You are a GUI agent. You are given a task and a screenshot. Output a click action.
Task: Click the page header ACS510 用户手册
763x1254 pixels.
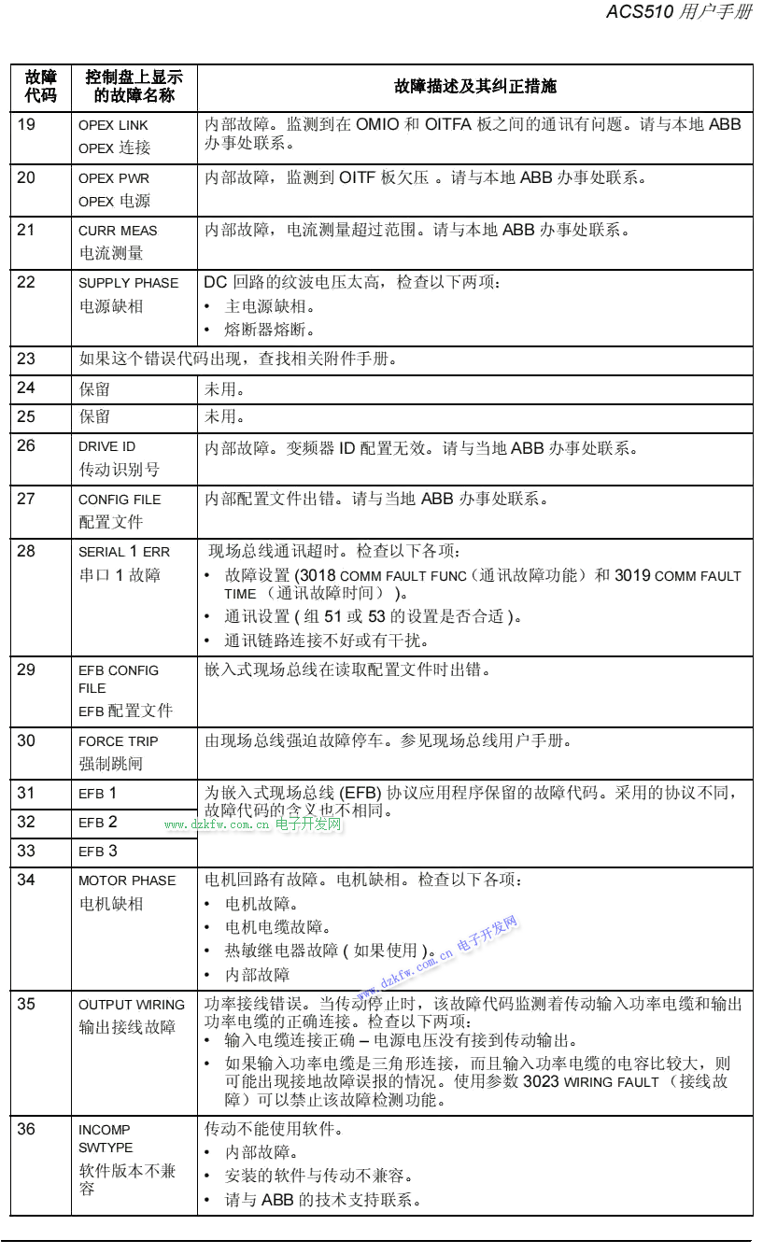coord(678,12)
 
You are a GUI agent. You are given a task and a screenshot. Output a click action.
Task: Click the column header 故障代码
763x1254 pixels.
coord(40,87)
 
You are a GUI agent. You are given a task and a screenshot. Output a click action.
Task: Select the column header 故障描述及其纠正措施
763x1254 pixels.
coord(474,87)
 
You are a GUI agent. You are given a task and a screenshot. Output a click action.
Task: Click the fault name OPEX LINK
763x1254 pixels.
coord(113,125)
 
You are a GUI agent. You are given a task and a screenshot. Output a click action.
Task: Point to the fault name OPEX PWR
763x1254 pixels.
coord(113,178)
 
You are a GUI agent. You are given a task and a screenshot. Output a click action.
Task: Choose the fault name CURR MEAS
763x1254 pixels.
coord(118,231)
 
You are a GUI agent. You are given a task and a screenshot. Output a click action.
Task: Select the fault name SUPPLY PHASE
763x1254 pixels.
coord(128,283)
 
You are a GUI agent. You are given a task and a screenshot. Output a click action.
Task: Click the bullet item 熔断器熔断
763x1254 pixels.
coord(269,330)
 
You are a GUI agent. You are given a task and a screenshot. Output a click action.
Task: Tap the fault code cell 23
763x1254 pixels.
coord(26,359)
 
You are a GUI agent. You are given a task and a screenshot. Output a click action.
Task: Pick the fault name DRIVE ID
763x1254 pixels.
coord(106,446)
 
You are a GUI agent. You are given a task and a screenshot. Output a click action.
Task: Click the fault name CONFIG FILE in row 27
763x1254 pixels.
coord(120,500)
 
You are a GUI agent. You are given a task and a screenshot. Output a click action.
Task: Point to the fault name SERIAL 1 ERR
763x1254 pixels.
coord(123,552)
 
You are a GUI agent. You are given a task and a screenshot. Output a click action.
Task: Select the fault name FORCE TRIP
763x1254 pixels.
coord(118,741)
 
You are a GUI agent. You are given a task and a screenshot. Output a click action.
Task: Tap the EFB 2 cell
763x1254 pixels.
coord(98,823)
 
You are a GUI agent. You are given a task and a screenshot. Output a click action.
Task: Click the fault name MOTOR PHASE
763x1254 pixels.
coord(127,881)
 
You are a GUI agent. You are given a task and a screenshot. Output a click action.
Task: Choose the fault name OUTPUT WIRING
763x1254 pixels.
coord(132,1005)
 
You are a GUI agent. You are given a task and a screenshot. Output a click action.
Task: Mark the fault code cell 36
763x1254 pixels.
coord(26,1130)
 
